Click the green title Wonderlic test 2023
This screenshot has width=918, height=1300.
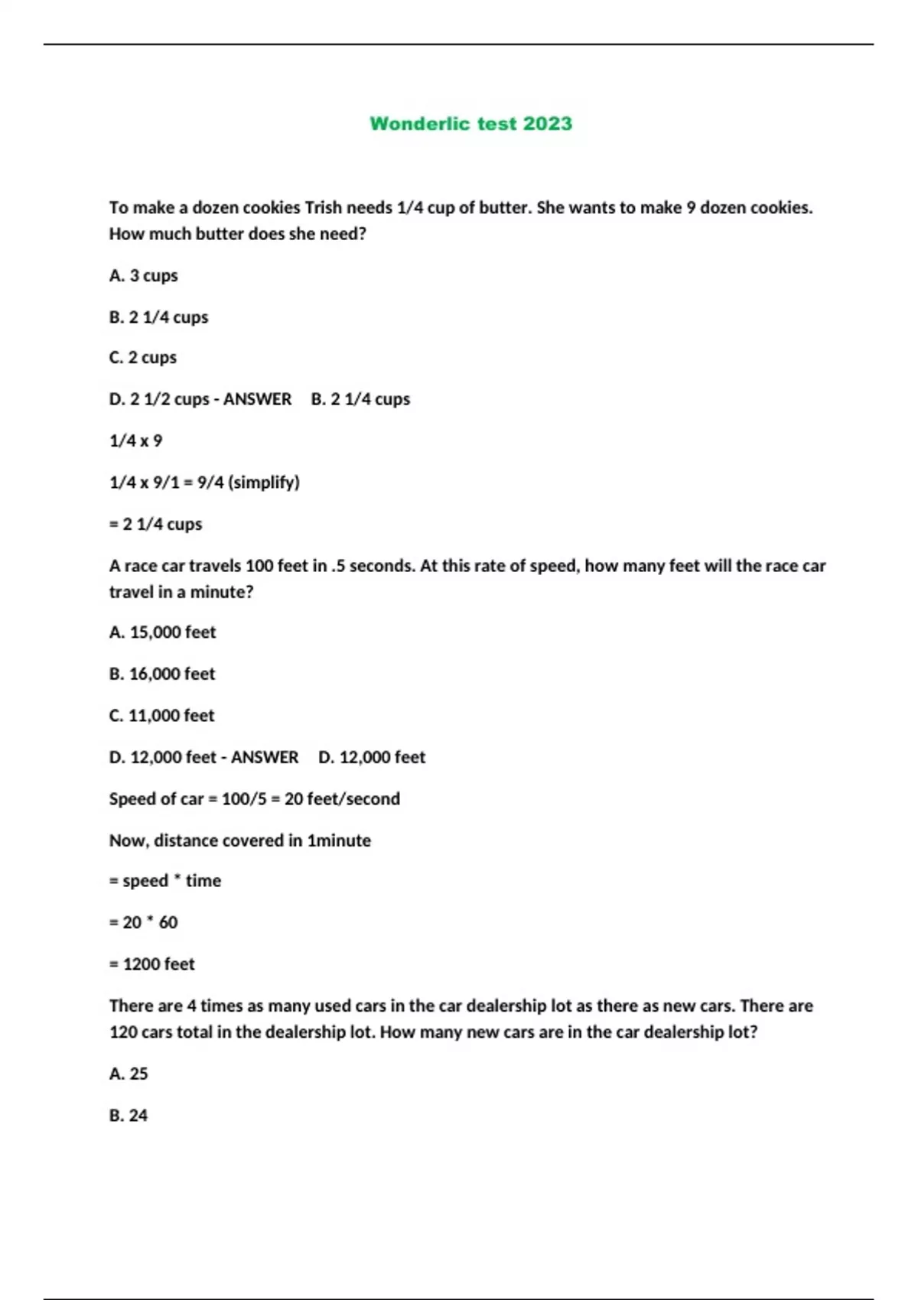tap(470, 124)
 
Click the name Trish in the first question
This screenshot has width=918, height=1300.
tap(324, 208)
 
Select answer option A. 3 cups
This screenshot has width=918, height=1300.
tap(144, 276)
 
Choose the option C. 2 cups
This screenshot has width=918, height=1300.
tap(143, 358)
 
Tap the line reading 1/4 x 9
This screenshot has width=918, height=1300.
tap(136, 441)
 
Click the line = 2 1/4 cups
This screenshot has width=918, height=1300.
tap(156, 525)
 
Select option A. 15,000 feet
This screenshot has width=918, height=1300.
tap(163, 632)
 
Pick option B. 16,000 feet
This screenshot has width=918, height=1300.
tap(162, 674)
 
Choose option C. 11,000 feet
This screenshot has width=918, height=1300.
tap(162, 716)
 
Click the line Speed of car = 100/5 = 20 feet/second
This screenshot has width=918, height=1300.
tap(255, 799)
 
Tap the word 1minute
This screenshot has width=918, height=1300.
tap(339, 840)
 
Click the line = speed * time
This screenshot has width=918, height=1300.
tap(165, 881)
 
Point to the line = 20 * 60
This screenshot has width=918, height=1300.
tap(144, 923)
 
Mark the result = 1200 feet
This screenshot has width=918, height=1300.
tap(152, 964)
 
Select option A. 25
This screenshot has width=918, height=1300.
tap(129, 1074)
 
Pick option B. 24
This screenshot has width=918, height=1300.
tap(129, 1116)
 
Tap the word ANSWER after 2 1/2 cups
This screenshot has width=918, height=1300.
tap(257, 400)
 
